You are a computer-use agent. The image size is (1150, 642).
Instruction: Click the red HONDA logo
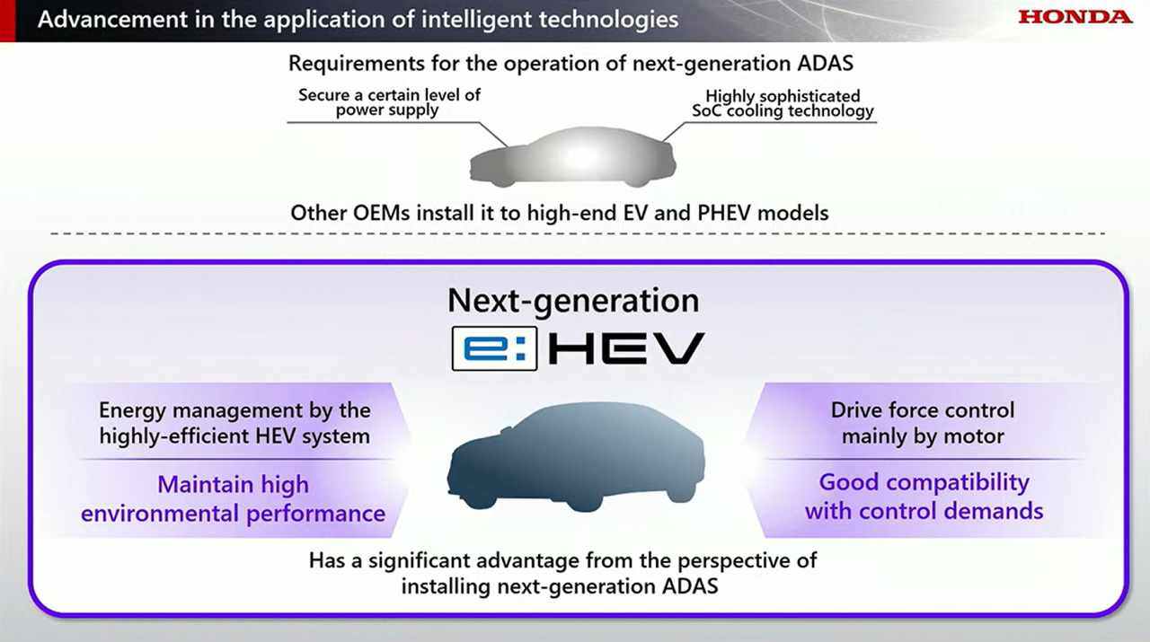(1075, 17)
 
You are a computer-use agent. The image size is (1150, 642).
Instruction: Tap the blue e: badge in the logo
(494, 348)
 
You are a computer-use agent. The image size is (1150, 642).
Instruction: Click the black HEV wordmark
(626, 348)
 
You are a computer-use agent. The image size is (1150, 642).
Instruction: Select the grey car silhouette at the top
(573, 157)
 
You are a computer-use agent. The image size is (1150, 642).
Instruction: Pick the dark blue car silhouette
(576, 457)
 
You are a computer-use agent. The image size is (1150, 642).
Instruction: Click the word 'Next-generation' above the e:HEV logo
(573, 301)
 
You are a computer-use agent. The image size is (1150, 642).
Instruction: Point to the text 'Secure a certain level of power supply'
(389, 102)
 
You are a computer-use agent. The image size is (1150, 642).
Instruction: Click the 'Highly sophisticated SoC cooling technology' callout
(783, 103)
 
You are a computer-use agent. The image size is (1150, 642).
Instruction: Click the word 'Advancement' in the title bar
(113, 20)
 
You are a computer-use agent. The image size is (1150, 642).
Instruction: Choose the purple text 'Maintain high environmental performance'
(233, 499)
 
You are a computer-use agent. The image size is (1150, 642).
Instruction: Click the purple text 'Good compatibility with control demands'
(924, 497)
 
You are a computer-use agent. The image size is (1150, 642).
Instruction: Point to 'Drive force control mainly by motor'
(923, 424)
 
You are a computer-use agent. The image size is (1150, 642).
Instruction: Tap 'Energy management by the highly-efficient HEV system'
(234, 424)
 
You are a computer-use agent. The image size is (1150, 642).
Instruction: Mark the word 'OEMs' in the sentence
(382, 213)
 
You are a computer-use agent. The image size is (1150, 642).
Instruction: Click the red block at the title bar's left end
(8, 21)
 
